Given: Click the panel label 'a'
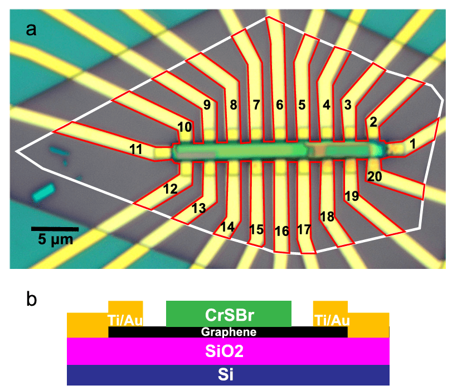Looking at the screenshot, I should (x=32, y=27).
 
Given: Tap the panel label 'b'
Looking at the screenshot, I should (x=32, y=299).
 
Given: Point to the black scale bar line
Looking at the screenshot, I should (x=55, y=229).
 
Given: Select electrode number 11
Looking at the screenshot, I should (x=135, y=149).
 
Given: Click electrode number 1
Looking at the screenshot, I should (x=412, y=144).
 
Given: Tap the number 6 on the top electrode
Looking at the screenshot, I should (x=279, y=104).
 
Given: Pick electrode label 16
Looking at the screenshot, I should (x=282, y=230).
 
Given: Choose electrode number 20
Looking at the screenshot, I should (x=375, y=176).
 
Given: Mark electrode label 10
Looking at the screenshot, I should (x=184, y=128).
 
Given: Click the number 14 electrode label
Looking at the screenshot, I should (x=227, y=227).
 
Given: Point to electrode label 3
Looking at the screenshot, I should (x=348, y=104).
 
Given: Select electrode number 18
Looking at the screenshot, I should (x=327, y=217).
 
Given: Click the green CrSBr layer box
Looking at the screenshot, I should (x=229, y=314).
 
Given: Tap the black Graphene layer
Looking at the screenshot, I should (x=229, y=332).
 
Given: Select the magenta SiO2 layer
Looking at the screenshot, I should (x=229, y=352).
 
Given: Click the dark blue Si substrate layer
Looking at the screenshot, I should (x=229, y=374).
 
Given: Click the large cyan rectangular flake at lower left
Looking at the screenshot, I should (x=43, y=192).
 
